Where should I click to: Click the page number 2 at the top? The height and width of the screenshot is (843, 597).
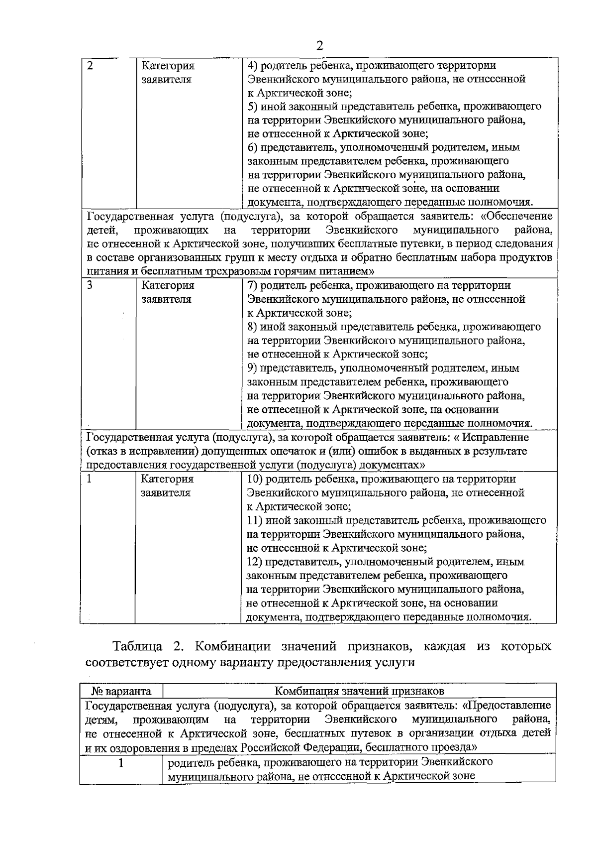tap(319, 46)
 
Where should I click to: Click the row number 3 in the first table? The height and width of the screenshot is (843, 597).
tap(90, 285)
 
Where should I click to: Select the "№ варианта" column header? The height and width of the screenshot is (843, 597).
tap(121, 691)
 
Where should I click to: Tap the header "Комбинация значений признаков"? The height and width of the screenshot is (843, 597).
tap(359, 691)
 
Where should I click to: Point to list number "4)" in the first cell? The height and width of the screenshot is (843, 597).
tap(252, 65)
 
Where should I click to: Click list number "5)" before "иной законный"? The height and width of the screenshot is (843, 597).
tap(252, 107)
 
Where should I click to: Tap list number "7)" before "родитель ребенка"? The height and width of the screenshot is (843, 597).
tap(252, 285)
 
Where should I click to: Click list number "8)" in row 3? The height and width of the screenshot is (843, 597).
tap(252, 327)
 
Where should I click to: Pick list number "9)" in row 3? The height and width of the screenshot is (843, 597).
tap(252, 368)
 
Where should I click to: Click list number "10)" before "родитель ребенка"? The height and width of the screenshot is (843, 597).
tap(255, 479)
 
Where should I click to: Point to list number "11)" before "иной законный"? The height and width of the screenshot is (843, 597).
tap(255, 521)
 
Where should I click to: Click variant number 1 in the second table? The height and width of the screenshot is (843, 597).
tap(121, 762)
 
